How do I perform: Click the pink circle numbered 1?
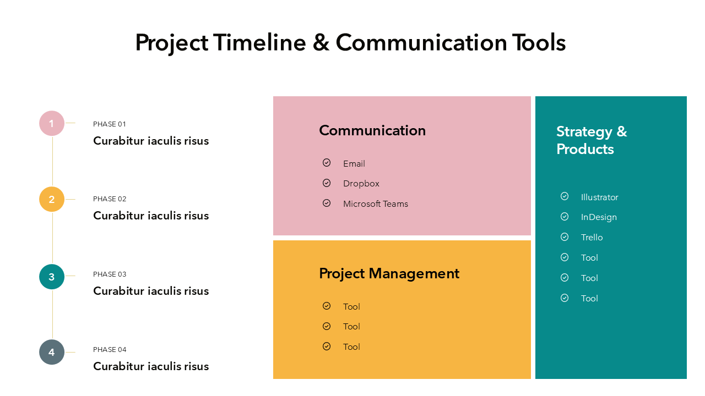[x=52, y=123]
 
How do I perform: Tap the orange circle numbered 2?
[x=52, y=199]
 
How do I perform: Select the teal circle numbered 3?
[x=52, y=277]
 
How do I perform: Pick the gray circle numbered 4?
[x=52, y=352]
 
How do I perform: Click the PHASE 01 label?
[x=110, y=124]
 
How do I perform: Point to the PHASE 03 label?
[x=110, y=274]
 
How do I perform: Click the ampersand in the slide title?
[x=321, y=43]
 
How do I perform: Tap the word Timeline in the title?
[x=259, y=42]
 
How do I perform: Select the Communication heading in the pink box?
[x=372, y=130]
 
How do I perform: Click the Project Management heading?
[x=389, y=273]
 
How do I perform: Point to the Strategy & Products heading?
[x=592, y=140]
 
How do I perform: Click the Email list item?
[x=354, y=164]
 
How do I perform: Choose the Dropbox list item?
[x=361, y=184]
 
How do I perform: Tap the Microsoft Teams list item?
[x=376, y=204]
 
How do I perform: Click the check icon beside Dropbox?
[x=327, y=183]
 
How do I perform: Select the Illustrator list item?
[x=600, y=197]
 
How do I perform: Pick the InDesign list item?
[x=599, y=217]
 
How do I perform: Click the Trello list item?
[x=592, y=237]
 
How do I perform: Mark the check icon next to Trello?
[x=565, y=237]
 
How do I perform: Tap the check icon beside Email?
[x=327, y=162]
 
